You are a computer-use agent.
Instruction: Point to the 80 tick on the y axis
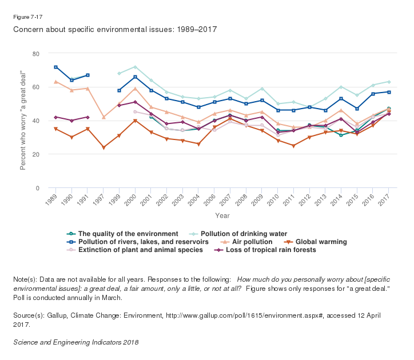35,54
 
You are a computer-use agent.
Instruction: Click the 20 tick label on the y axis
35,155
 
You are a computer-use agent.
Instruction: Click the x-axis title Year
222,215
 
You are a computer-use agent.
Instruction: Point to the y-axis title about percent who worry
24,121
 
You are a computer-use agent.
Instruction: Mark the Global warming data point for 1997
103,147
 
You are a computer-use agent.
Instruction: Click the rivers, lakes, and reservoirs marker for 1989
55,67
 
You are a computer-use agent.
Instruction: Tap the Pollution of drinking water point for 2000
135,67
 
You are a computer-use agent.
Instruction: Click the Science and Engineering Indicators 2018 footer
75,342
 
